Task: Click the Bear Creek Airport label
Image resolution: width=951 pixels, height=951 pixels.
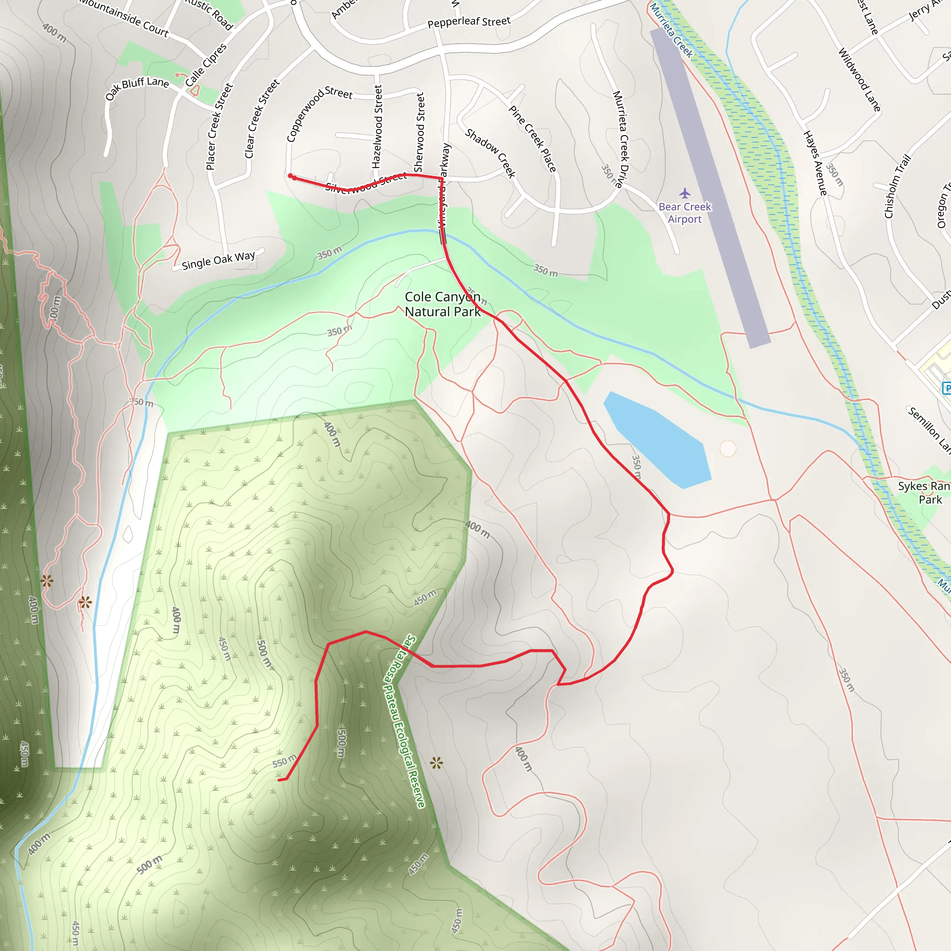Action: click(685, 213)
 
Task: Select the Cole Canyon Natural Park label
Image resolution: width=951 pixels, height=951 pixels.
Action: click(442, 304)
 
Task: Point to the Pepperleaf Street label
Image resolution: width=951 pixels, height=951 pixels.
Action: click(469, 22)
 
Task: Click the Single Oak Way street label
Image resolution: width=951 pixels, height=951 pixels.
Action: click(218, 261)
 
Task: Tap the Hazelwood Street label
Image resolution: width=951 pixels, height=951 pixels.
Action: click(377, 126)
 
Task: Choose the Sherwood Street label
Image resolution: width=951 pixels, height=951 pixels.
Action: click(419, 132)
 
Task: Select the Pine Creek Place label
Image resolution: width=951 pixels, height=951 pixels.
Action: click(533, 139)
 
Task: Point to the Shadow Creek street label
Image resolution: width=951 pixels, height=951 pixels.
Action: click(490, 153)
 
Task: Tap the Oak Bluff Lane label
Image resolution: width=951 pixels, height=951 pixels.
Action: click(137, 88)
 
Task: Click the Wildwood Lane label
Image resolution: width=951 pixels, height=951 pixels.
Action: click(859, 80)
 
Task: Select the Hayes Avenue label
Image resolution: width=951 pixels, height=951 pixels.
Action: click(815, 163)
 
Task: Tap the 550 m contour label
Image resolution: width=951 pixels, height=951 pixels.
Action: click(285, 761)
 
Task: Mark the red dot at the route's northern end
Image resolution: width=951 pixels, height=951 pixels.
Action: click(290, 176)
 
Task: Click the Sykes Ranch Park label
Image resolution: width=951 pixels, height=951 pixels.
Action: click(924, 493)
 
